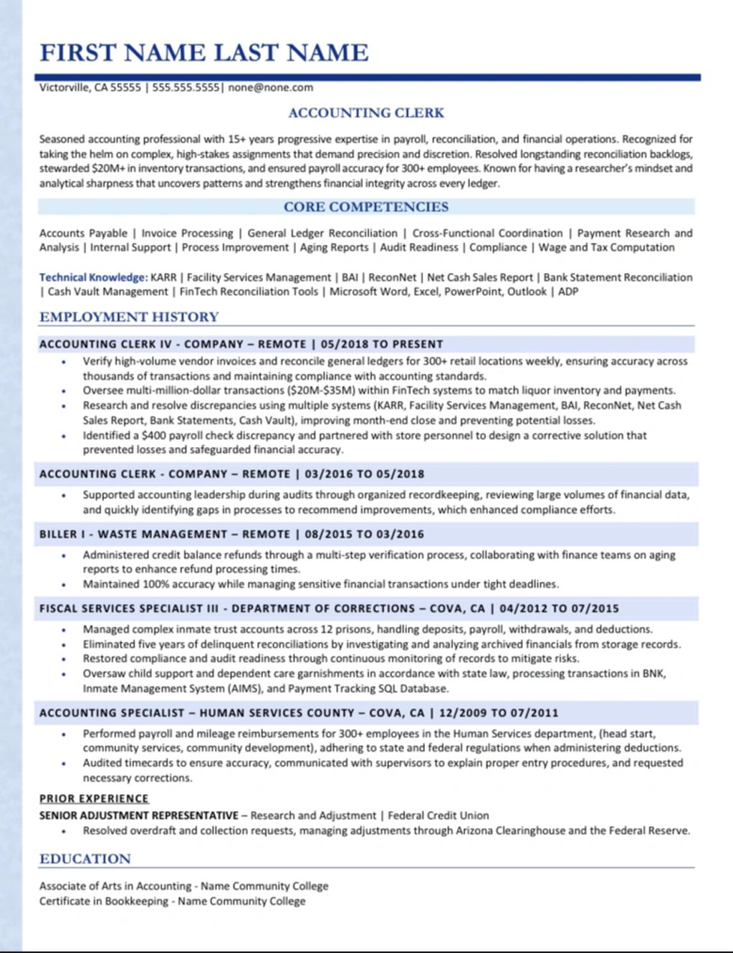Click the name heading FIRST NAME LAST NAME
point(203,52)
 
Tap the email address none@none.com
point(270,87)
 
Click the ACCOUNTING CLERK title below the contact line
point(366,112)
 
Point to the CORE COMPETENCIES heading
point(366,207)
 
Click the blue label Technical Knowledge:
point(93,277)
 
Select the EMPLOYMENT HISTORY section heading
point(129,317)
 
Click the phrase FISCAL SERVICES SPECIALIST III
point(128,608)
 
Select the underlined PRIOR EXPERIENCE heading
point(94,798)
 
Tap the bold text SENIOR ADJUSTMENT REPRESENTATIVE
point(138,815)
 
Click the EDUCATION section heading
point(85,858)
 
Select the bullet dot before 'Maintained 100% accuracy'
point(64,585)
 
